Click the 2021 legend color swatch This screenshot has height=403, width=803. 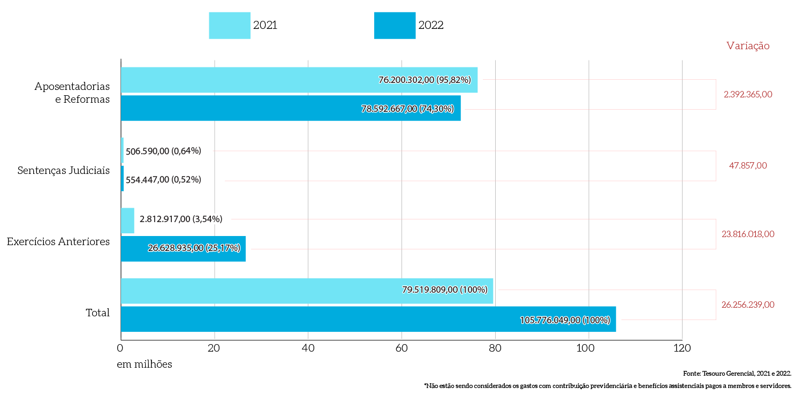point(230,26)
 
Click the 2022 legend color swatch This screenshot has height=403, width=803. point(395,26)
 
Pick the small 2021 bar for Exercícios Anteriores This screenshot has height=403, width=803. point(127,220)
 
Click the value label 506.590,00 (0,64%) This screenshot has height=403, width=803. point(163,151)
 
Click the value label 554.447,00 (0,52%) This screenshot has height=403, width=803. point(163,179)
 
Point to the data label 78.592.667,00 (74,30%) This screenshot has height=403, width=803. point(407,109)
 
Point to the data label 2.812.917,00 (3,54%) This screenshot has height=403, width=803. point(181,219)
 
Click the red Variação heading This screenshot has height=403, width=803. point(748,46)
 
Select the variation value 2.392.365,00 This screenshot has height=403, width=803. point(748,94)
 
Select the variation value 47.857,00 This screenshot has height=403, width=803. point(748,165)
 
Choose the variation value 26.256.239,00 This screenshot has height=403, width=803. point(748,305)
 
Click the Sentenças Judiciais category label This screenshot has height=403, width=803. point(63,171)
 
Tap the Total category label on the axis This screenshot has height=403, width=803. point(97,313)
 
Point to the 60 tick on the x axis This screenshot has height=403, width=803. point(401,348)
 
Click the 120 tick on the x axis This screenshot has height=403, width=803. point(681,348)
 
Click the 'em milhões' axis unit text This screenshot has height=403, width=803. point(145,364)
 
